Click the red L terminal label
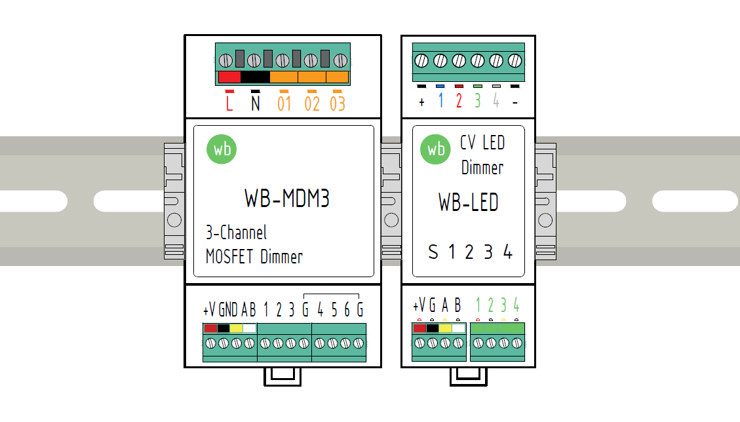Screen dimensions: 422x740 [x=229, y=104]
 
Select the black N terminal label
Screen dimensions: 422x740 [x=255, y=104]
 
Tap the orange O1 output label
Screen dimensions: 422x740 [x=284, y=104]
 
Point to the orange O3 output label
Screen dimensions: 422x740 [x=337, y=104]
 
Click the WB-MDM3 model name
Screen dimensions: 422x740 [x=286, y=199]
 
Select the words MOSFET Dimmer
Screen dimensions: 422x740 [x=254, y=256]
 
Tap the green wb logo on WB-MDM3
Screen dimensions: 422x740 [x=222, y=149]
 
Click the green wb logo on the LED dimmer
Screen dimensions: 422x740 [x=435, y=149]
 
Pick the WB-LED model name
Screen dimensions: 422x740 [x=468, y=202]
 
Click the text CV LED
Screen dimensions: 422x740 [x=482, y=143]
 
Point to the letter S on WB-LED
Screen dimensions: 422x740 [x=433, y=252]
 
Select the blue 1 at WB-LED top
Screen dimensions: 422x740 [x=440, y=101]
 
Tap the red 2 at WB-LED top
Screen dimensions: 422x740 [x=459, y=101]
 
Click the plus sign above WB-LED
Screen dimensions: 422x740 [x=421, y=102]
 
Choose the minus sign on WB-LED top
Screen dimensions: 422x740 [x=515, y=103]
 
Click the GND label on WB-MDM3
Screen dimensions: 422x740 [x=229, y=309]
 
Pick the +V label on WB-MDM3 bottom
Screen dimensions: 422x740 [x=210, y=309]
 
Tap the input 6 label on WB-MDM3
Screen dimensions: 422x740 [x=347, y=309]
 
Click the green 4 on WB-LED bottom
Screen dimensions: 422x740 [x=516, y=305]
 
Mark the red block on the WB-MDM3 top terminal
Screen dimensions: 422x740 [x=229, y=77]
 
